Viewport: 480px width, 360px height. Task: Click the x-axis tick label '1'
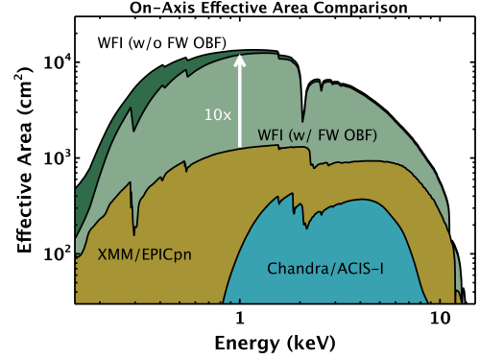(x=240, y=318)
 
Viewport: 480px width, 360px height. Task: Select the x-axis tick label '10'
(x=440, y=318)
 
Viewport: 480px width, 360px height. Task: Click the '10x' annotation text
(x=216, y=113)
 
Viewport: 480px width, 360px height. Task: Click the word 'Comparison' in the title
(x=342, y=8)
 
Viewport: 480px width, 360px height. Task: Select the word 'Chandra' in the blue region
(x=296, y=266)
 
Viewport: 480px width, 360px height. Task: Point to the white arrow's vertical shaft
(x=240, y=106)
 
